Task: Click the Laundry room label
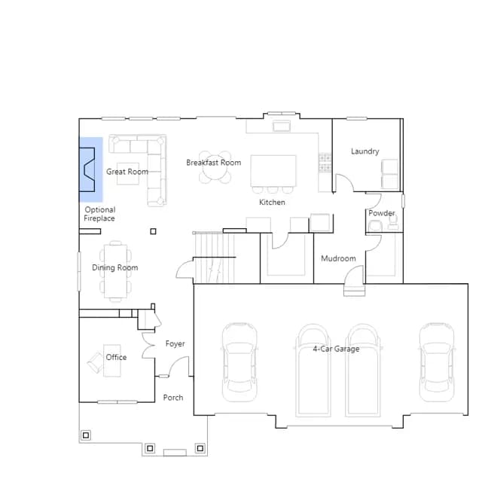coord(365,151)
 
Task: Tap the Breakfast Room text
coord(214,163)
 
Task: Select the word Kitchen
coord(272,203)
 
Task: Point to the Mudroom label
coord(338,258)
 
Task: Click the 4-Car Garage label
coord(336,349)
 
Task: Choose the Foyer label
coord(175,343)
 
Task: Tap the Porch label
coord(173,398)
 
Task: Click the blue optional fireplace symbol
coord(90,169)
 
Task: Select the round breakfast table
coord(215,167)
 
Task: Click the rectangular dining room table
coord(115,271)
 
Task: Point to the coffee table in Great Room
coord(128,174)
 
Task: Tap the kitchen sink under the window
coord(281,126)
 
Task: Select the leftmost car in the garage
coord(239,362)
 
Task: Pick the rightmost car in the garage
coord(437,362)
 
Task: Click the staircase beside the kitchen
coord(214,258)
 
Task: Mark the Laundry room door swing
coord(344,183)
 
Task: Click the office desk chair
coord(96,362)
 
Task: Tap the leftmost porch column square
coord(86,435)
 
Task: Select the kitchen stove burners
coord(325,163)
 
